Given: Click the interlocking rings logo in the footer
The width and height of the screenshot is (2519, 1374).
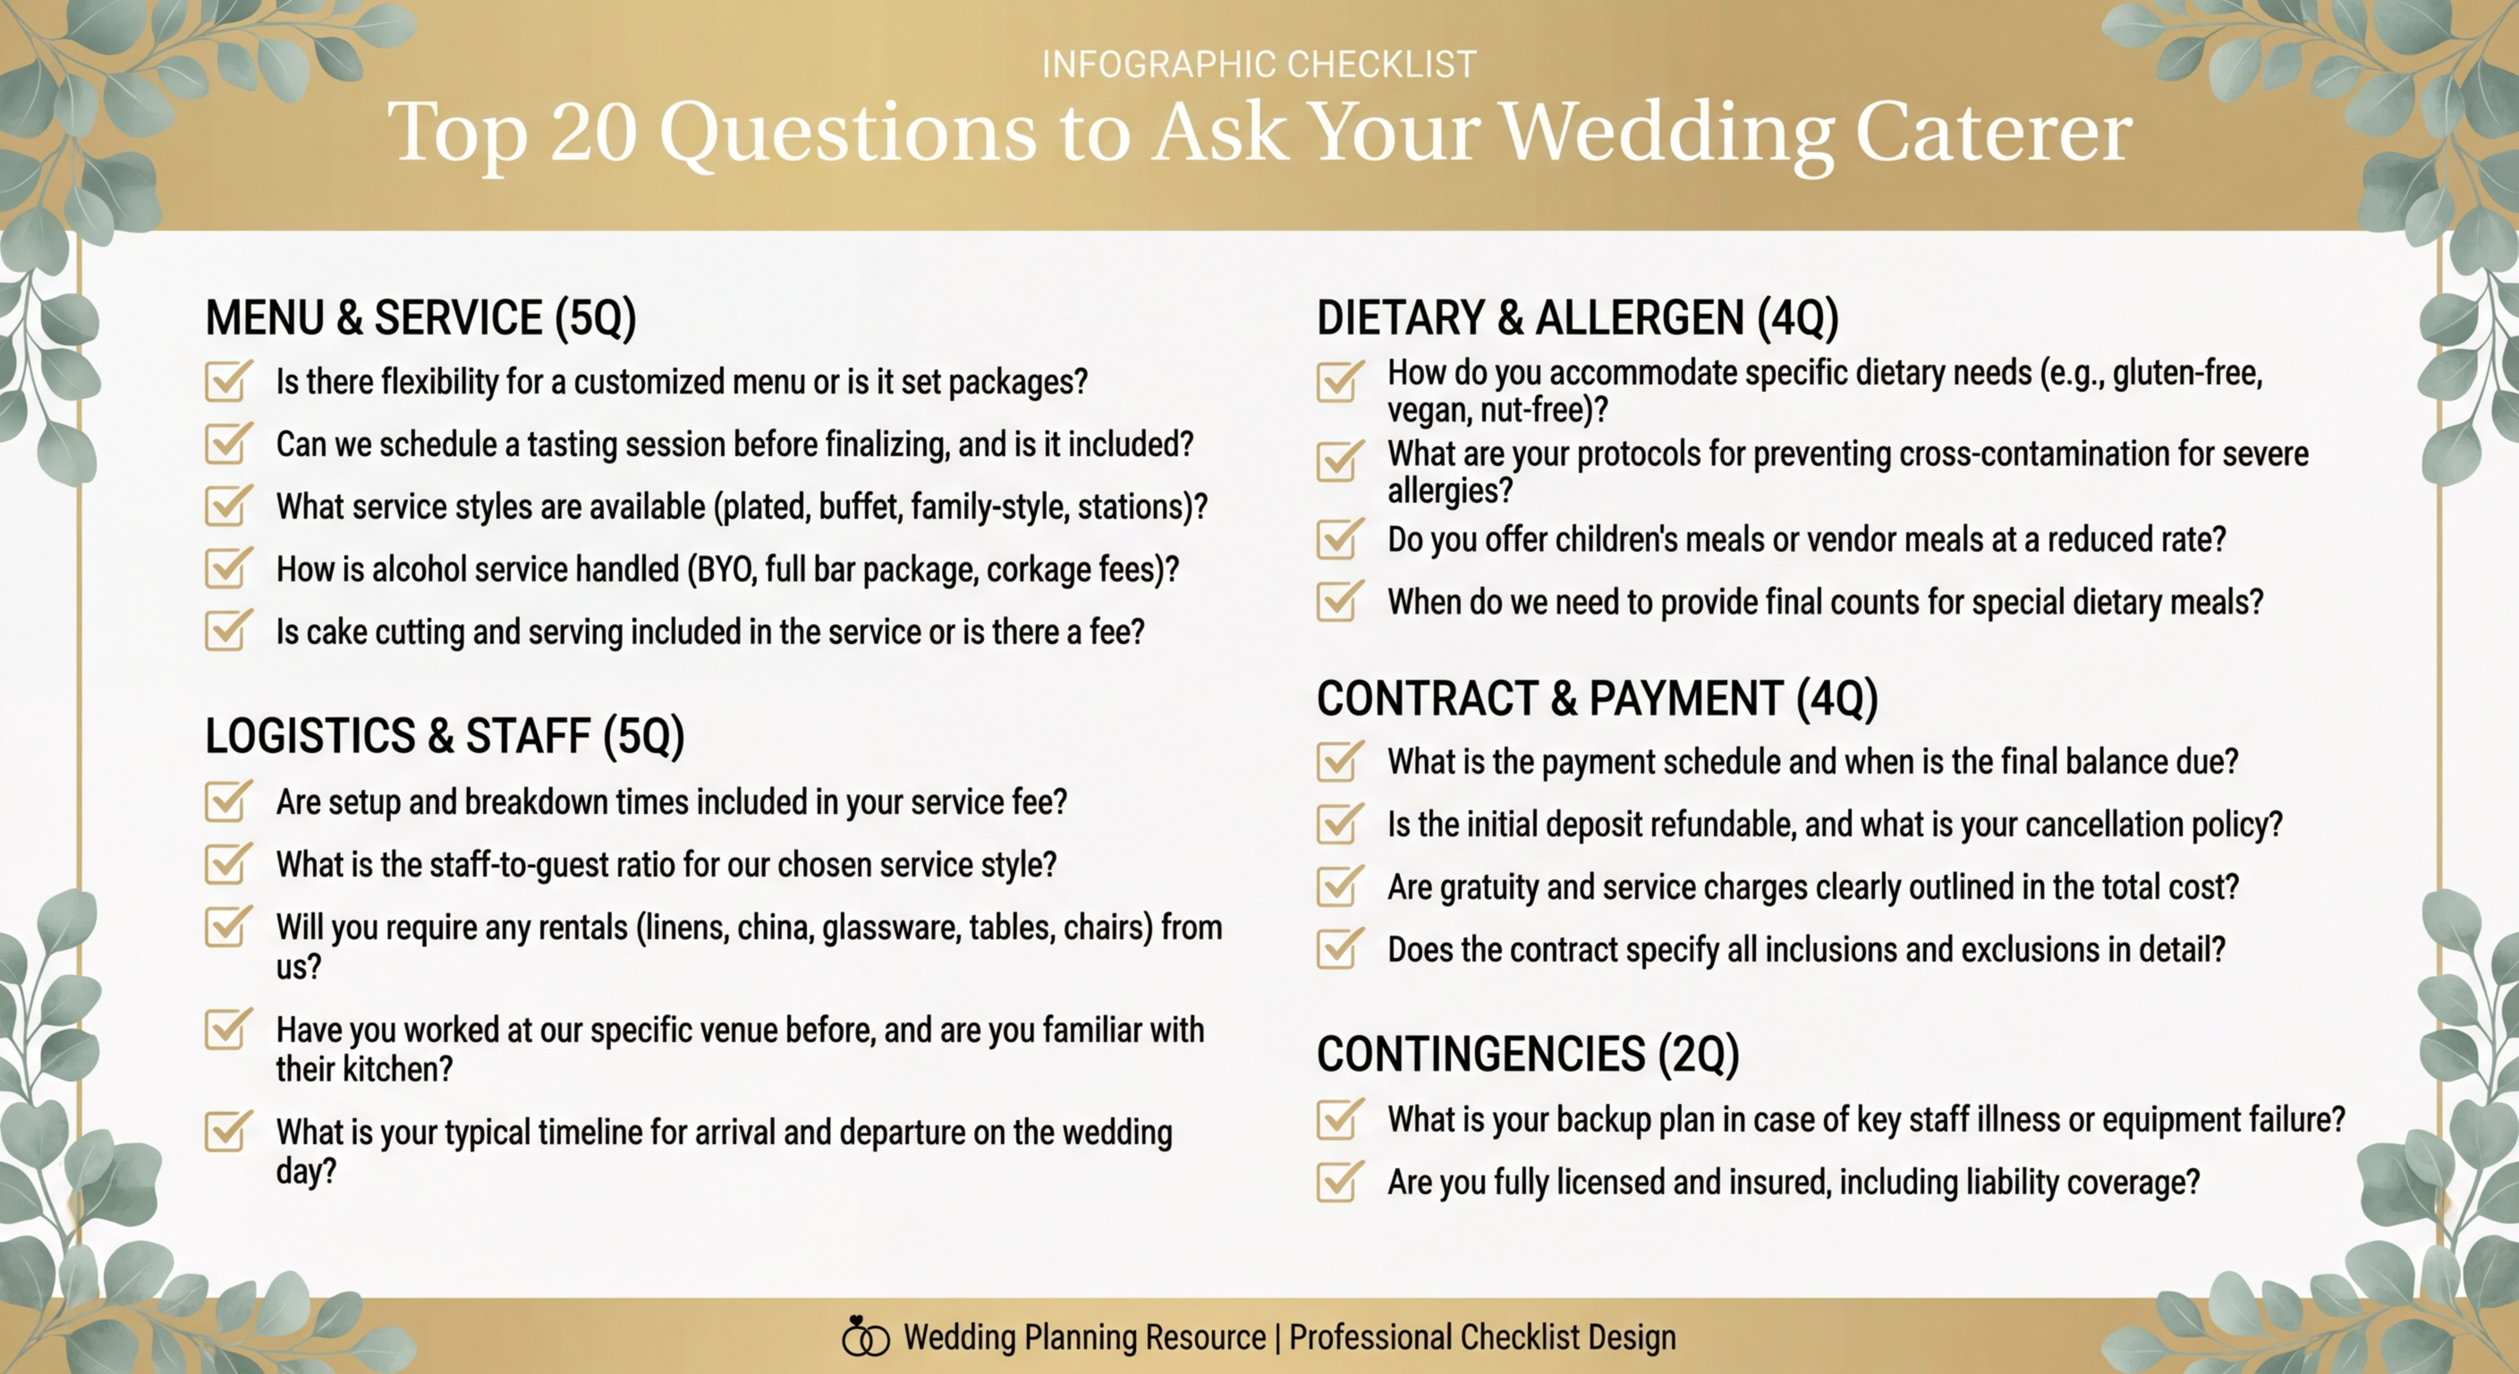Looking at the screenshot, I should (864, 1336).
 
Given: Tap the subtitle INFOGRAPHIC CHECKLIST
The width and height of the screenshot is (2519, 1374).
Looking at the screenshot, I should (1259, 64).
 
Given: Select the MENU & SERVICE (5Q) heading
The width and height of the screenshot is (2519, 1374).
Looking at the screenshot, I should (420, 318).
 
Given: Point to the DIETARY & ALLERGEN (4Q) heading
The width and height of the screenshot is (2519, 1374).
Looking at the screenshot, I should (1576, 318).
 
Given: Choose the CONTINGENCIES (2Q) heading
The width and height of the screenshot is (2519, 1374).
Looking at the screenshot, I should (1528, 1055).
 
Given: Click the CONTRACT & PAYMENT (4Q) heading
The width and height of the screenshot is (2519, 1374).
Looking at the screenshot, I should (1596, 699).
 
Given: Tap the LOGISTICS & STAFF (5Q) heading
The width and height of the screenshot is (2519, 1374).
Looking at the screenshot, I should (444, 735).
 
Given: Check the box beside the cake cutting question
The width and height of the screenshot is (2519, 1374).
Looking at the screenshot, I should (227, 631).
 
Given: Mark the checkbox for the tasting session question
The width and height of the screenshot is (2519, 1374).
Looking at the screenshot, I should (227, 444).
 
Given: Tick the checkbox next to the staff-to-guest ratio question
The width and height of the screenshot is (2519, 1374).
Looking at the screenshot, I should (227, 863).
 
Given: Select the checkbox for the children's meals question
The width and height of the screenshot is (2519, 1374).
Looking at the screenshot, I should (1337, 539).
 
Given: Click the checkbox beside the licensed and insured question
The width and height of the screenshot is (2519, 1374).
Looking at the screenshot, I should (1337, 1182).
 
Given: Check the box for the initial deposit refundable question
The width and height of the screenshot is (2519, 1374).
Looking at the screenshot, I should (1337, 824).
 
